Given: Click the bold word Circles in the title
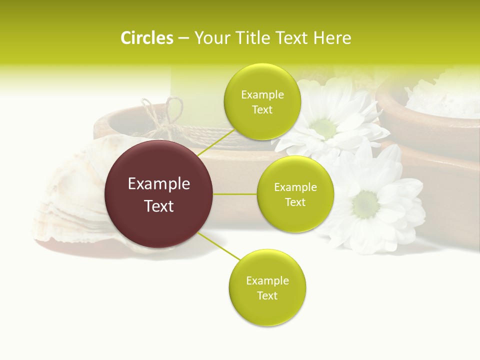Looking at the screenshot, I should click(x=146, y=38).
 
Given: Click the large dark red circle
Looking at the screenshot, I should click(x=159, y=194).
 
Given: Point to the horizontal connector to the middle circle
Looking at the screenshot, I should click(x=235, y=194).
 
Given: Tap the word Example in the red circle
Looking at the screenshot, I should click(x=159, y=184).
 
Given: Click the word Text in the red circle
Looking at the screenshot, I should click(x=159, y=206).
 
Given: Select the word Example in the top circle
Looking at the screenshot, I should click(x=262, y=95).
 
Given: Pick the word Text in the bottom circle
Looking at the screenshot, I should click(x=267, y=295).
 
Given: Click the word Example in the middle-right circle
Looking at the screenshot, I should click(x=295, y=187).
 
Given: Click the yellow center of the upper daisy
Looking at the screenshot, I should click(x=325, y=128).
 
